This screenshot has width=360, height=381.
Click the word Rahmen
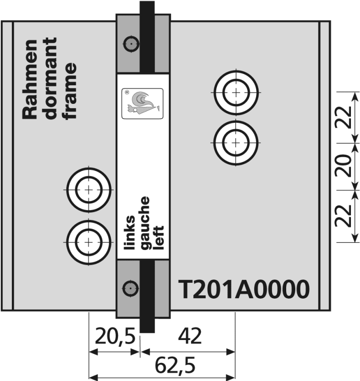[30, 79]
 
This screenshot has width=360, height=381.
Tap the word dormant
[50, 78]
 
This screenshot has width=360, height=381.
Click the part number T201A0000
[244, 289]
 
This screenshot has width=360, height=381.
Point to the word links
[129, 232]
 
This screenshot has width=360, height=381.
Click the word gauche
[145, 223]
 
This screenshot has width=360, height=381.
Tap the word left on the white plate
[160, 237]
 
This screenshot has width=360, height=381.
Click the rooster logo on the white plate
[142, 103]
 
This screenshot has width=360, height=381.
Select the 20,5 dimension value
[115, 336]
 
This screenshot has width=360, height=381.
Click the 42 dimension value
[190, 336]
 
